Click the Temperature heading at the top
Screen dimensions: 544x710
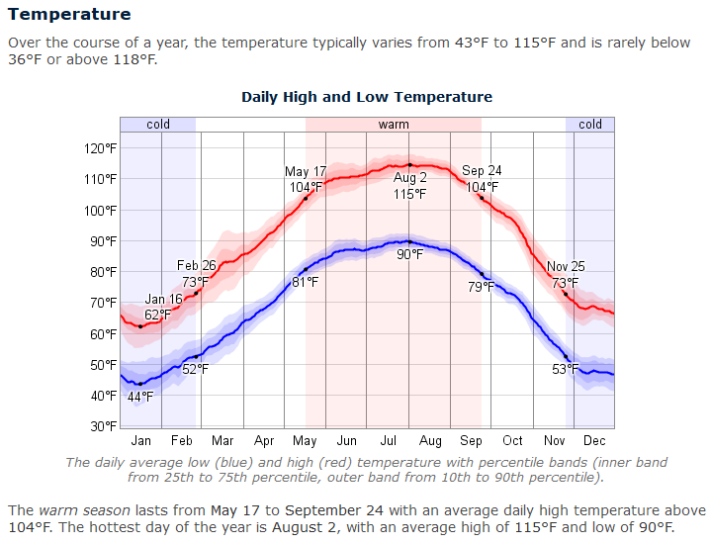tap(69, 15)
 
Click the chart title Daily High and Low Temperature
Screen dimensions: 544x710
tap(367, 97)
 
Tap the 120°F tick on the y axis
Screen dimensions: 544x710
tap(100, 148)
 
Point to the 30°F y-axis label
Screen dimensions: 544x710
tap(103, 426)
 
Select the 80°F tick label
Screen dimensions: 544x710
tap(103, 272)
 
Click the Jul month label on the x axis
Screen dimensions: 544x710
tap(388, 441)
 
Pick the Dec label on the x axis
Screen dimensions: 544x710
tap(594, 441)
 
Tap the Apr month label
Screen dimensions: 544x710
tap(264, 441)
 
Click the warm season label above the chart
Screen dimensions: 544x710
tap(393, 125)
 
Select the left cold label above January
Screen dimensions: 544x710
tap(158, 125)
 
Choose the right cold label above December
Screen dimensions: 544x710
tap(590, 125)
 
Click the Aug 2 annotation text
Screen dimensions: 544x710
tap(409, 178)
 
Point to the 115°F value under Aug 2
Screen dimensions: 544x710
tap(409, 194)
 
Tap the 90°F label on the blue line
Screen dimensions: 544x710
tap(409, 255)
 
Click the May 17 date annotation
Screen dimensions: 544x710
tap(306, 172)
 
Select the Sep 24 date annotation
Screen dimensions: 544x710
tap(482, 172)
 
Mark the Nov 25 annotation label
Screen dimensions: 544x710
tap(567, 267)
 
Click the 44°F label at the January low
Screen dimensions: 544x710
tap(140, 397)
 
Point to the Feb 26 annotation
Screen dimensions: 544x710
tap(197, 266)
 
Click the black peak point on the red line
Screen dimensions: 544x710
tap(409, 165)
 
